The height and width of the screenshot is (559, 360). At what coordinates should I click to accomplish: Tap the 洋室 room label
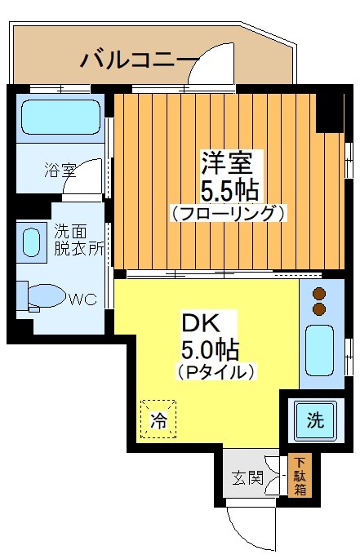point(226,160)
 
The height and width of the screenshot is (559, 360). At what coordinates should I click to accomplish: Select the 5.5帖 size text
point(230,189)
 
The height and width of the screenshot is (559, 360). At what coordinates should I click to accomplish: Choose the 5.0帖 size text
point(210,350)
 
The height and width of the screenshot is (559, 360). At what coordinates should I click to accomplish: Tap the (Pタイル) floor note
point(216,371)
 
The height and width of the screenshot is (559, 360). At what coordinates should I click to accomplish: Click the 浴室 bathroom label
point(60,171)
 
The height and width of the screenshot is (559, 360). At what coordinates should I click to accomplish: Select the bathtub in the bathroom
point(59,118)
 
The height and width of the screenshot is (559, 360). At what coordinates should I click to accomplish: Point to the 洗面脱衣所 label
point(78,240)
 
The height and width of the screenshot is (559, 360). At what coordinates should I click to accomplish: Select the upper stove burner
point(319,293)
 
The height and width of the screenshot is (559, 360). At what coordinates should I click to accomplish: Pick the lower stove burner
point(319,309)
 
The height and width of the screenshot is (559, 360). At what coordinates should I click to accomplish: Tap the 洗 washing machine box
point(314,420)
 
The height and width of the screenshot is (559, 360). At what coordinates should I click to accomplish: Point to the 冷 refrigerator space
point(158,419)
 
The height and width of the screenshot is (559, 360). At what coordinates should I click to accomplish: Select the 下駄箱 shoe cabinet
point(300,477)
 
